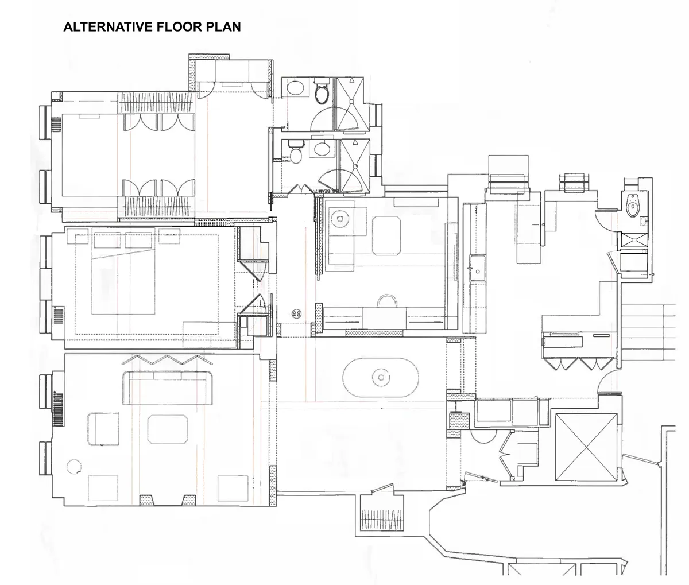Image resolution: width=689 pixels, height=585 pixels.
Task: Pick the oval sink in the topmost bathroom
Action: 296,88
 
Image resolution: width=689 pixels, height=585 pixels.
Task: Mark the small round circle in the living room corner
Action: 73,466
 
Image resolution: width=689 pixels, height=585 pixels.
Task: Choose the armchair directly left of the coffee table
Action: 103,429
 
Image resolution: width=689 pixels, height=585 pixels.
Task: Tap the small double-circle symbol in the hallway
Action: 297,313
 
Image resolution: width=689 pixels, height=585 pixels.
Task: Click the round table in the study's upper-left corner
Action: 339,219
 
